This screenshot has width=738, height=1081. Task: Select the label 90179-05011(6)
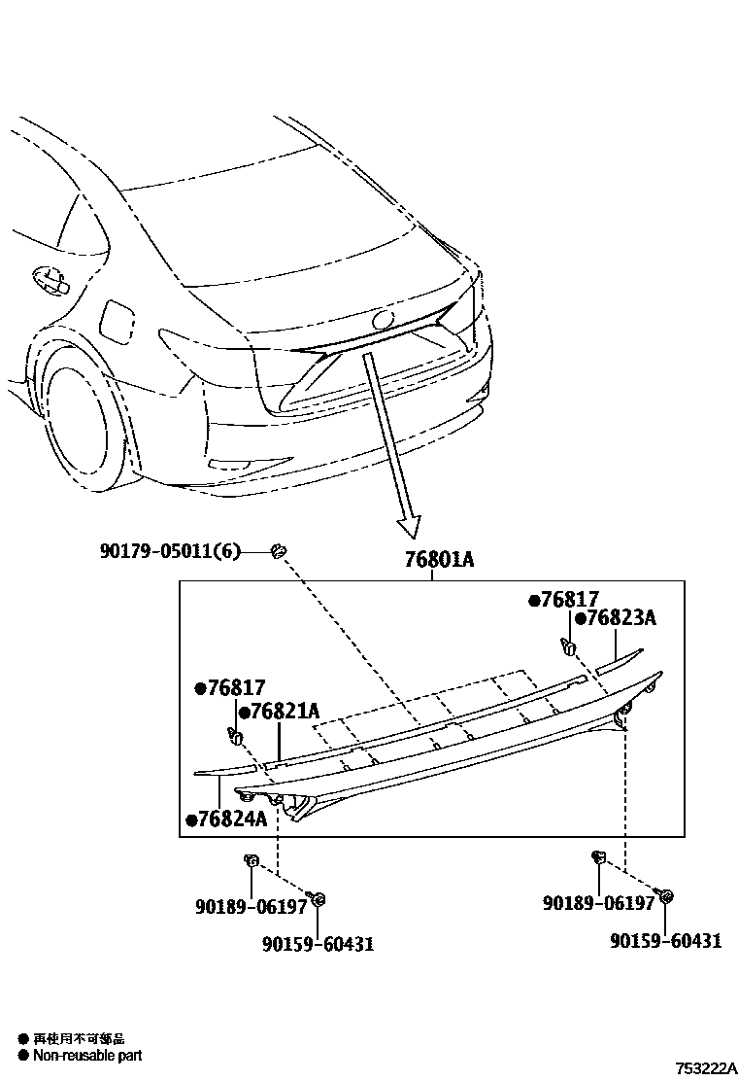tap(169, 551)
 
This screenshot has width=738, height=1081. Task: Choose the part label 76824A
tap(229, 819)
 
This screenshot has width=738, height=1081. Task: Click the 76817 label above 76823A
tap(569, 600)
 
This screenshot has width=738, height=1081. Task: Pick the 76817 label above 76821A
tap(235, 688)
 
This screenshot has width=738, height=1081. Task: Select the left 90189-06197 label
tap(250, 906)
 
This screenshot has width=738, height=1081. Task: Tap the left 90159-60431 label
tap(318, 943)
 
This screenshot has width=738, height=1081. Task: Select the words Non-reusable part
tap(87, 1055)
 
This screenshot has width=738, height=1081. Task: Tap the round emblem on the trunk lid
tap(384, 319)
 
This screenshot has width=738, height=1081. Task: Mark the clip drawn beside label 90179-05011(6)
tap(281, 551)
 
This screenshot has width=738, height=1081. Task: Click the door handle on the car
tap(48, 279)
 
